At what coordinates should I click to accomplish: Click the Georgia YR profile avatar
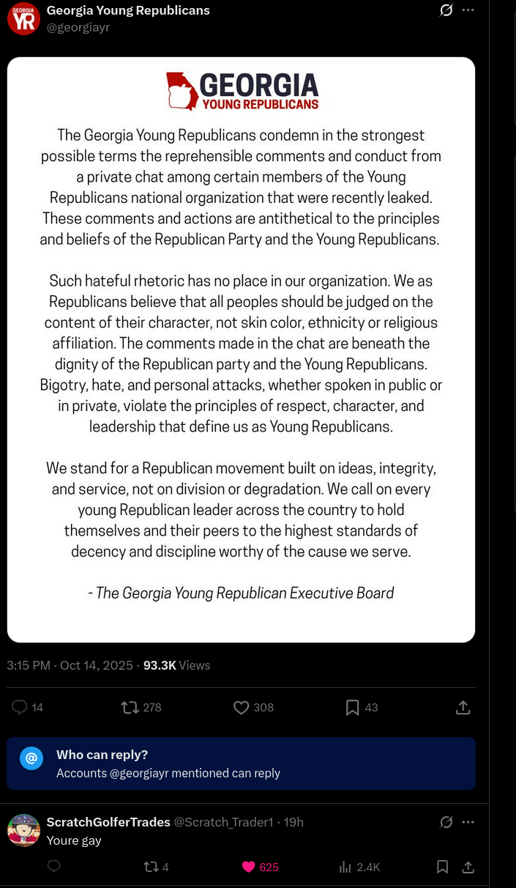pyautogui.click(x=23, y=18)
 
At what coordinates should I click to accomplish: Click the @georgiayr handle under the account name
pyautogui.click(x=78, y=28)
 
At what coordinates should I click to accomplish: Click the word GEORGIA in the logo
pyautogui.click(x=258, y=85)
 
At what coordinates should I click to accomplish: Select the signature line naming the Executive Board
pyautogui.click(x=241, y=593)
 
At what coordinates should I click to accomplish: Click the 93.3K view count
pyautogui.click(x=160, y=665)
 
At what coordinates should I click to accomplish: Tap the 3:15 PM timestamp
pyautogui.click(x=29, y=665)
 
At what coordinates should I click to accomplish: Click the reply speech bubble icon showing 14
pyautogui.click(x=20, y=707)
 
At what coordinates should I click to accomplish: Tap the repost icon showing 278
pyautogui.click(x=130, y=707)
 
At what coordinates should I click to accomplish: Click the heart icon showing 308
pyautogui.click(x=241, y=707)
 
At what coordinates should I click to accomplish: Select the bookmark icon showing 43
pyautogui.click(x=352, y=707)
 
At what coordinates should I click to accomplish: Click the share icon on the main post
pyautogui.click(x=463, y=707)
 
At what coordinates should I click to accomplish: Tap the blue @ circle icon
pyautogui.click(x=31, y=758)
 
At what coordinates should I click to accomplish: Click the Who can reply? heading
pyautogui.click(x=102, y=755)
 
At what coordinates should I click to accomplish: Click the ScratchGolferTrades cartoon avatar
pyautogui.click(x=23, y=830)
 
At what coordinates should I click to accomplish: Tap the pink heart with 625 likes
pyautogui.click(x=248, y=867)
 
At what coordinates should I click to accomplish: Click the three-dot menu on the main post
pyautogui.click(x=468, y=10)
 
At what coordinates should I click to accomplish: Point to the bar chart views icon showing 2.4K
pyautogui.click(x=345, y=867)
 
